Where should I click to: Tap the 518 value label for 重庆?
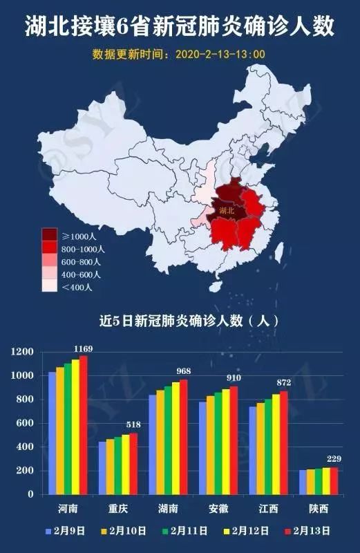(x=132, y=425)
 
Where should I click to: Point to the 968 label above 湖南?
(x=184, y=371)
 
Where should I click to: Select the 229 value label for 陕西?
(x=334, y=460)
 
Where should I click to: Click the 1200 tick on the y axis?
(x=22, y=352)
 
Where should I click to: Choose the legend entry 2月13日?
(x=308, y=531)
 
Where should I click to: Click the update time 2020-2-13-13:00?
(x=220, y=53)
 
